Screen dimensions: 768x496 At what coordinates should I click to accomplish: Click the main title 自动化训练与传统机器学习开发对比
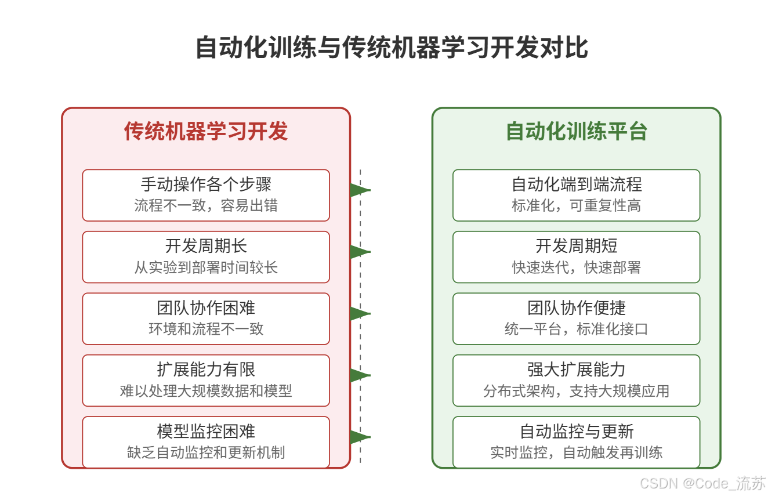coord(392,48)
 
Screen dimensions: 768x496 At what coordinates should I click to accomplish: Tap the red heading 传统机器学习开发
coord(206,131)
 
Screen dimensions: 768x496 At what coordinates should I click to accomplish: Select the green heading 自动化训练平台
coord(576,131)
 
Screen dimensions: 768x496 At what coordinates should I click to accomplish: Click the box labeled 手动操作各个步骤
coord(206,195)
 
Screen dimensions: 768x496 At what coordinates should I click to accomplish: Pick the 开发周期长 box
coord(206,257)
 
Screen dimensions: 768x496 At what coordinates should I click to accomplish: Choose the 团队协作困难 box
coord(206,318)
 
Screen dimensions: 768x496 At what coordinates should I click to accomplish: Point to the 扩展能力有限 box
coord(206,381)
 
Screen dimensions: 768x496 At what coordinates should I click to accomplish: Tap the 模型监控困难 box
coord(206,442)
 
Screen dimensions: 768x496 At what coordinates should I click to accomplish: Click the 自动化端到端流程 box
coord(576,195)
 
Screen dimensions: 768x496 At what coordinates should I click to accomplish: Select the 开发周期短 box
coord(576,257)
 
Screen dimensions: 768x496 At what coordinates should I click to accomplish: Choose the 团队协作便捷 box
coord(576,318)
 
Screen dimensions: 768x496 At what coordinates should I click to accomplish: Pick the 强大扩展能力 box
coord(576,381)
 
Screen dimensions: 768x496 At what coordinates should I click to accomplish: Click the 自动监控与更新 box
coord(576,442)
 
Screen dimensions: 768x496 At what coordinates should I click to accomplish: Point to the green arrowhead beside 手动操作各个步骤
coord(359,190)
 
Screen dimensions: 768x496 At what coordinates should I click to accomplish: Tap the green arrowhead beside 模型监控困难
coord(359,437)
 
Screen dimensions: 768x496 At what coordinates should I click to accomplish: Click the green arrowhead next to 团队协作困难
coord(359,313)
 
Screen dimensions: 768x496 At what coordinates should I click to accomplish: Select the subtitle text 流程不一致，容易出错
coord(206,206)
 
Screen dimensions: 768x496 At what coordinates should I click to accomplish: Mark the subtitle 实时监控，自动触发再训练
coord(576,453)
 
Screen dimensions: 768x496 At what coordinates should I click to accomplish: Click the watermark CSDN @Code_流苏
coord(703,483)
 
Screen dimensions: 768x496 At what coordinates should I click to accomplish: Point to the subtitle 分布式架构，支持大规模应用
coord(576,392)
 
